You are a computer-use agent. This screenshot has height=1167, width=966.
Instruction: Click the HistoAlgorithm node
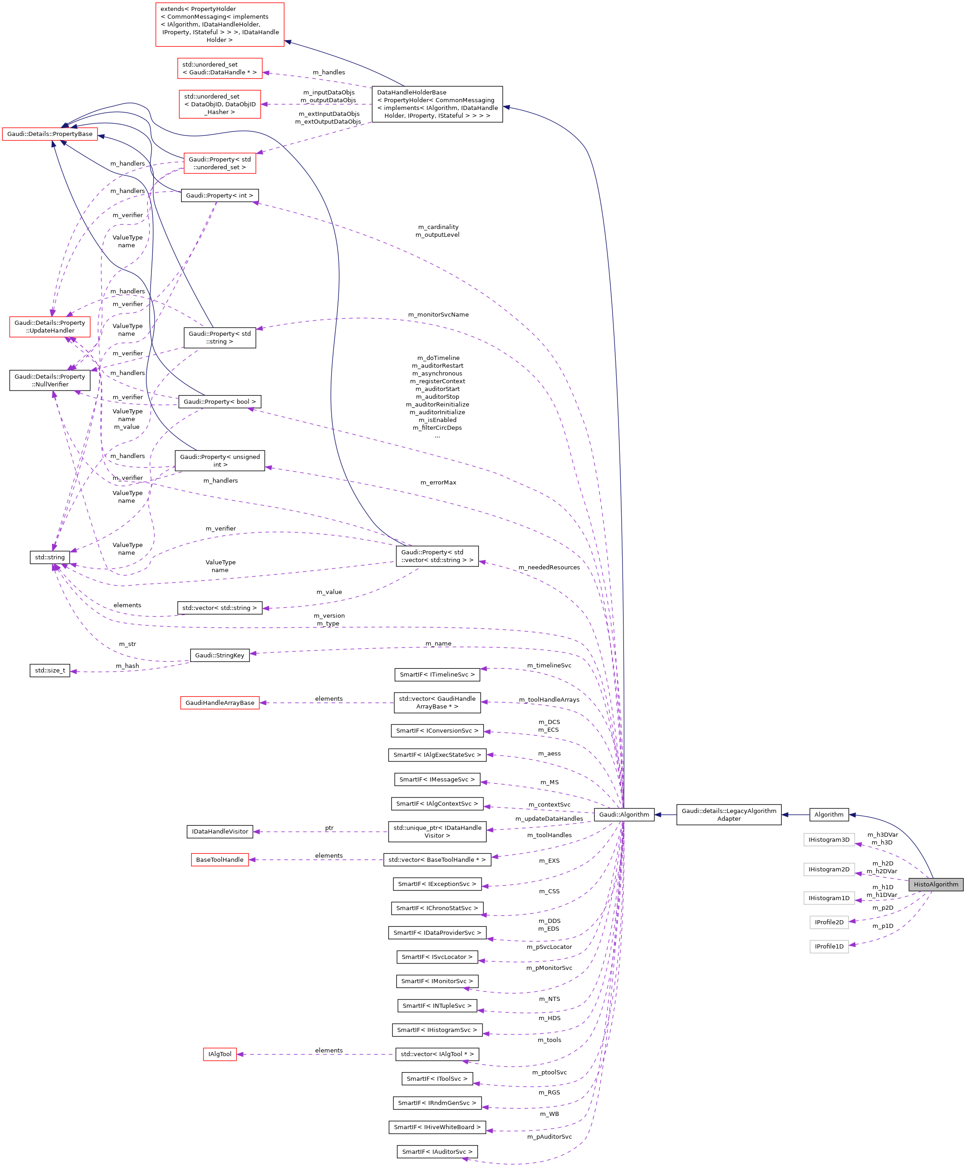[x=935, y=884]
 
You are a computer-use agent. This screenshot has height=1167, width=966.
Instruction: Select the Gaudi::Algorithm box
[x=624, y=815]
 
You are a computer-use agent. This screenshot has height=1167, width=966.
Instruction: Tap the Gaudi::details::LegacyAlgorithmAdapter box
[x=728, y=815]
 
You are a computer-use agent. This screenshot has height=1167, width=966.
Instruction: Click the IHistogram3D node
[x=829, y=840]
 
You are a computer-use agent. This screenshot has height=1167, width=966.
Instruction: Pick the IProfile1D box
[x=829, y=946]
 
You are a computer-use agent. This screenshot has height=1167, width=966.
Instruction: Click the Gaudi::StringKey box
[x=219, y=655]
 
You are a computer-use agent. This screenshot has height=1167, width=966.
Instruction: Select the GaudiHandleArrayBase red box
[x=219, y=703]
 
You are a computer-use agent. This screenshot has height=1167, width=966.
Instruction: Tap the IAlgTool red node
[x=219, y=1054]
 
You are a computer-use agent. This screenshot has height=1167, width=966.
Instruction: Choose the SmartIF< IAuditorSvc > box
[x=437, y=1152]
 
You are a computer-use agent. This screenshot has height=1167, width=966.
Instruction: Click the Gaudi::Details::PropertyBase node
[x=50, y=134]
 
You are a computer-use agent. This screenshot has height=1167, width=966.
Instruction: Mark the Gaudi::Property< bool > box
[x=219, y=402]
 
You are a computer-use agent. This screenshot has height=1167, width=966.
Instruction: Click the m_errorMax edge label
[x=438, y=482]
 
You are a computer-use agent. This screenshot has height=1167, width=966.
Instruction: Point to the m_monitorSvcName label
[x=438, y=314]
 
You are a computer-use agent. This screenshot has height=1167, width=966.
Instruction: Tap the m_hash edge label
[x=127, y=666]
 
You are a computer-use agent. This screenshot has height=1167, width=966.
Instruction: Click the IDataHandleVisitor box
[x=219, y=831]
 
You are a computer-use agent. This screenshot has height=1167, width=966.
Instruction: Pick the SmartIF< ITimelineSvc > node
[x=437, y=675]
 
